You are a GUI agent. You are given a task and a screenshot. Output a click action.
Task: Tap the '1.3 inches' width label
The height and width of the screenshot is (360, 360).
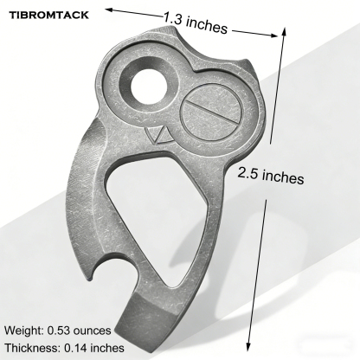point(196,22)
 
